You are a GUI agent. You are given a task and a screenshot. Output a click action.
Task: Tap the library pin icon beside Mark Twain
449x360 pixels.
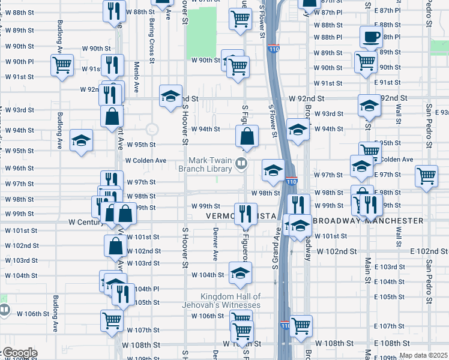point(241,163)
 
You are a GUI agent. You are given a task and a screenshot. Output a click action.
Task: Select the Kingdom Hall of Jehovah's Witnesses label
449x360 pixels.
point(231,301)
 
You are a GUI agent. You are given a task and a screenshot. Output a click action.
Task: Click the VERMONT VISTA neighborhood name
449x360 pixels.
point(241,216)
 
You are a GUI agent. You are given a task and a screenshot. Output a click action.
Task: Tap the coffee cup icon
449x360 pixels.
point(371,37)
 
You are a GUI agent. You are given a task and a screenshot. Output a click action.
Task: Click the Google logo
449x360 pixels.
point(19,353)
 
